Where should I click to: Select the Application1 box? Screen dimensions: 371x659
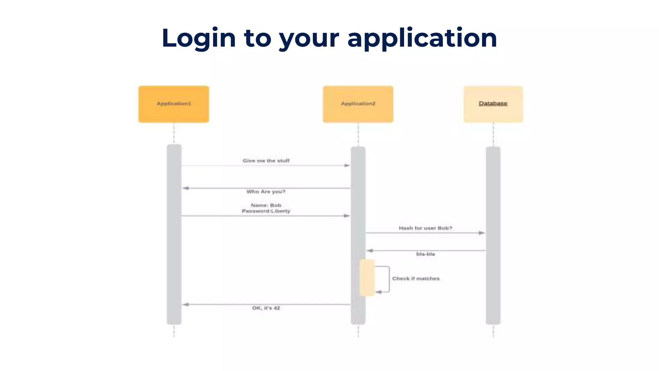[174, 104]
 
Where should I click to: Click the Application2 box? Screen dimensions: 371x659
[358, 104]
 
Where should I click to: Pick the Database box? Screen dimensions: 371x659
[493, 104]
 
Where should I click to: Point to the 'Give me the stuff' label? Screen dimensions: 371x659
[266, 161]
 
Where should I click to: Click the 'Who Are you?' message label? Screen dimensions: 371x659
[266, 192]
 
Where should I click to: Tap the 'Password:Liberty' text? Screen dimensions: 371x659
[266, 211]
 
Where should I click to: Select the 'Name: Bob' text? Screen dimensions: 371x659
[266, 205]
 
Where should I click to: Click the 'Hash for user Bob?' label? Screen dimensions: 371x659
[425, 228]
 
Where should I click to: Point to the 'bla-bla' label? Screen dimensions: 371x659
[425, 254]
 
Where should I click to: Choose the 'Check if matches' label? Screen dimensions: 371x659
[416, 279]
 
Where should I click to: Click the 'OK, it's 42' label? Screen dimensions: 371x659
[266, 308]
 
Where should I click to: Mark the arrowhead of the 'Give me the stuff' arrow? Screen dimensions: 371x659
[347, 166]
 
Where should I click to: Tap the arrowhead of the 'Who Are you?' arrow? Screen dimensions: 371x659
[186, 188]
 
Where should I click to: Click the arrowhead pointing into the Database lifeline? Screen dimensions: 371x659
[482, 233]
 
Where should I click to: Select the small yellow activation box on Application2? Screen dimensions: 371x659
[367, 278]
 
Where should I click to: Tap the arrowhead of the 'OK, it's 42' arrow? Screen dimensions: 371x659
[186, 304]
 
